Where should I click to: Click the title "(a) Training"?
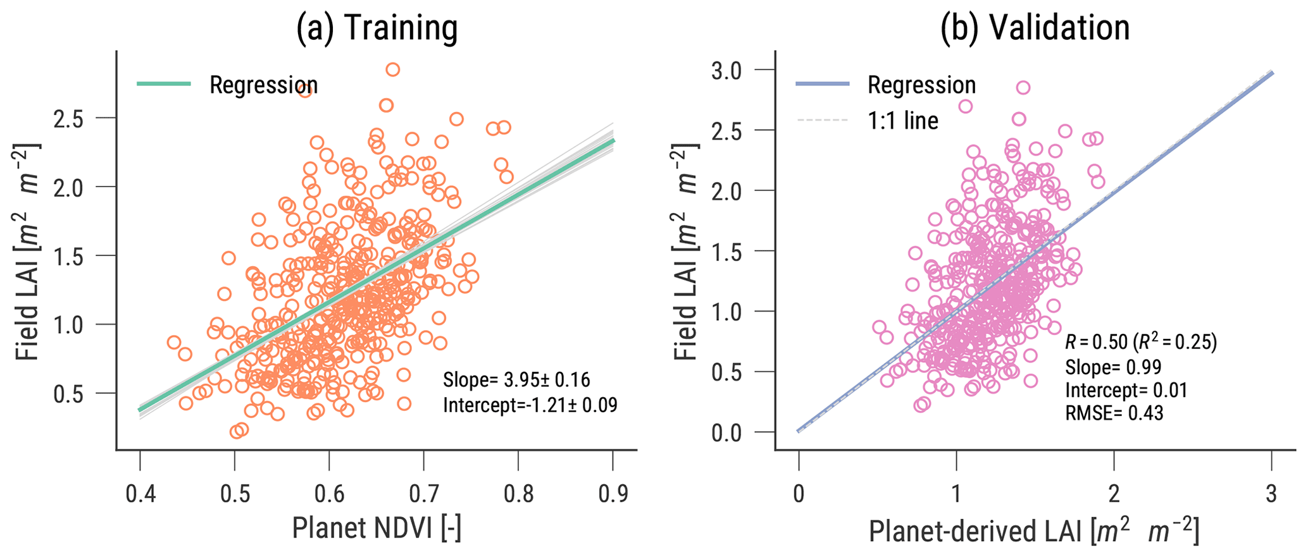(x=377, y=28)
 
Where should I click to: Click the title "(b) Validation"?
(x=1035, y=28)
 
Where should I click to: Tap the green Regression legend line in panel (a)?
(x=164, y=84)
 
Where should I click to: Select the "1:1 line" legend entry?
(x=902, y=120)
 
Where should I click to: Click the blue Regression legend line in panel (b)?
(x=821, y=84)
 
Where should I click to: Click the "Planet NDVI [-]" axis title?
(x=377, y=529)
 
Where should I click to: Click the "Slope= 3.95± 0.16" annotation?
(x=516, y=380)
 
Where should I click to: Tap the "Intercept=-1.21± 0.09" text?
(x=530, y=405)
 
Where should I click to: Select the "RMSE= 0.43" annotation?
(x=1114, y=413)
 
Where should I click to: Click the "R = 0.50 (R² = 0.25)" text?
(x=1141, y=342)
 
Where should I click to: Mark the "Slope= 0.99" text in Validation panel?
(x=1113, y=367)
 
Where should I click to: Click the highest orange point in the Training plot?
(x=393, y=70)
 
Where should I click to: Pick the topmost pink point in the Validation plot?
(x=1023, y=88)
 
